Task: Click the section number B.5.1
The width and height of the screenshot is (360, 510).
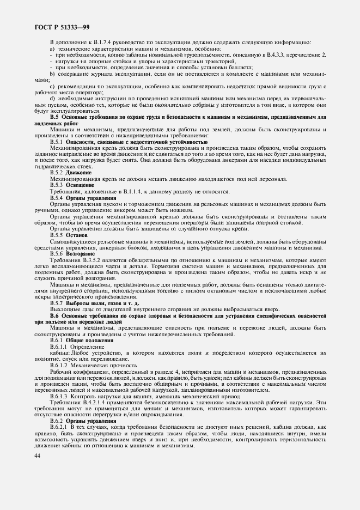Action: pos(57,142)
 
